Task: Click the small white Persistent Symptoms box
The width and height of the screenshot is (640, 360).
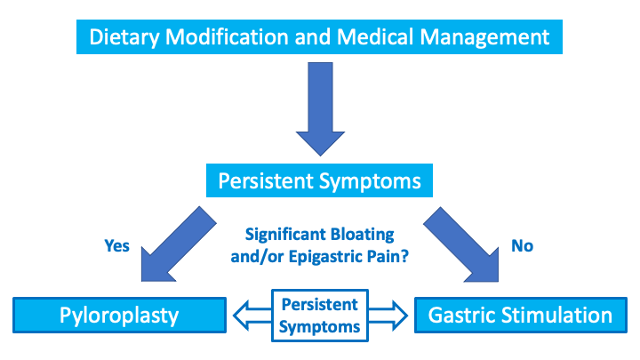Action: tap(320, 315)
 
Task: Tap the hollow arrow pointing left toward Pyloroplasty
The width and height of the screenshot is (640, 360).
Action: tap(252, 315)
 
